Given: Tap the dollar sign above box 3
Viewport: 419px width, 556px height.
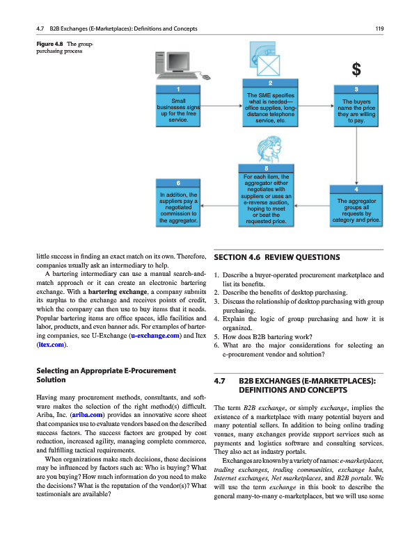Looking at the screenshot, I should click(x=356, y=69).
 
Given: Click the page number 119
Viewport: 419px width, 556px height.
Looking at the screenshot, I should click(x=379, y=28).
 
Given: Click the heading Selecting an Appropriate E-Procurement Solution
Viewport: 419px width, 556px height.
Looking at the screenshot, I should click(x=104, y=375).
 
